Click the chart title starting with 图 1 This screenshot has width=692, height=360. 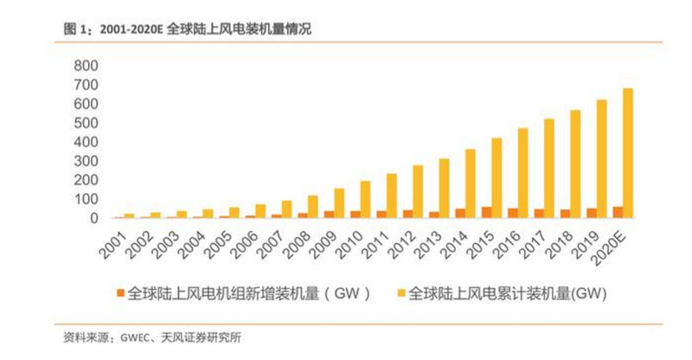(x=187, y=29)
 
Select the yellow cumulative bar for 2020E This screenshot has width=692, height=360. (x=627, y=153)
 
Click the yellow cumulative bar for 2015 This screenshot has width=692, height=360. (x=496, y=178)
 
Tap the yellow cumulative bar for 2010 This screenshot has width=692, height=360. (x=365, y=199)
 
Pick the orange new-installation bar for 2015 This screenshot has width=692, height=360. (x=486, y=212)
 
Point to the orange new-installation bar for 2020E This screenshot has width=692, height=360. (x=617, y=212)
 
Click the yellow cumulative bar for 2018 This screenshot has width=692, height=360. (x=575, y=164)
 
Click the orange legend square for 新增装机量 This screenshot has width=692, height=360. (x=119, y=292)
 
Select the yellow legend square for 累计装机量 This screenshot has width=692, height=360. (x=400, y=292)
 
